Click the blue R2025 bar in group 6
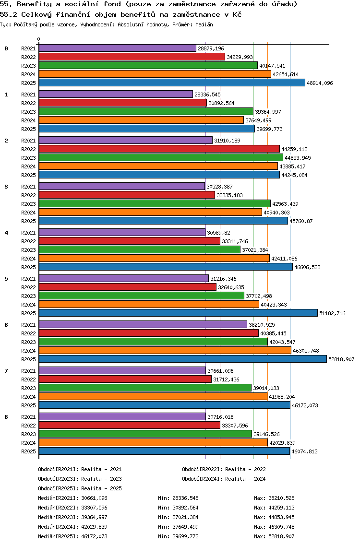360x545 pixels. tap(182, 359)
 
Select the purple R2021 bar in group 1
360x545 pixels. tap(115, 95)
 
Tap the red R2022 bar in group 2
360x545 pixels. tap(158, 149)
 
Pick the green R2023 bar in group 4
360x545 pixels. tap(139, 250)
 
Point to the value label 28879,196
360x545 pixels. tap(211, 48)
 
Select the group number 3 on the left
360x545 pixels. tap(6, 187)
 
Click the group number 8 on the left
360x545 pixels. tap(6, 417)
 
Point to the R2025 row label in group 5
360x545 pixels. tap(28, 313)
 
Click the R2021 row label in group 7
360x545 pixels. tap(28, 371)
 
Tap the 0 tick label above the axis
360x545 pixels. tap(39, 39)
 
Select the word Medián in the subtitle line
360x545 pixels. tap(204, 24)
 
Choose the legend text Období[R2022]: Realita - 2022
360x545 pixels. tap(224, 469)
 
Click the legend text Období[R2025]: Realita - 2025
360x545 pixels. tap(80, 488)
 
